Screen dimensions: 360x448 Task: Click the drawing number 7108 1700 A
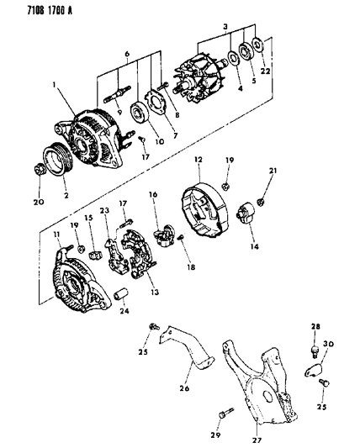pyautogui.click(x=50, y=11)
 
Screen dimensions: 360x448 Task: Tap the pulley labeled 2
pyautogui.click(x=58, y=159)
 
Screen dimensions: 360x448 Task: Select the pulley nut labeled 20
pyautogui.click(x=39, y=170)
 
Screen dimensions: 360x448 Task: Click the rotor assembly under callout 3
pyautogui.click(x=199, y=77)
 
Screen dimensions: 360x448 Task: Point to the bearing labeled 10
pyautogui.click(x=140, y=113)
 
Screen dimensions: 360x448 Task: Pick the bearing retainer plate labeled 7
pyautogui.click(x=156, y=103)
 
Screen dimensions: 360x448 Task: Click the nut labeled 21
pyautogui.click(x=261, y=202)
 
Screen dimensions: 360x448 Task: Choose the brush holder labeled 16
pyautogui.click(x=164, y=235)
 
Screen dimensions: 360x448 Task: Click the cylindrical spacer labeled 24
pyautogui.click(x=121, y=295)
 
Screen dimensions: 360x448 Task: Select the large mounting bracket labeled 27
pyautogui.click(x=258, y=384)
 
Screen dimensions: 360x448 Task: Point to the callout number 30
pyautogui.click(x=329, y=344)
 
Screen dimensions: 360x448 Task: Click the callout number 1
pyautogui.click(x=54, y=85)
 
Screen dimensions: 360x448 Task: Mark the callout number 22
pyautogui.click(x=265, y=71)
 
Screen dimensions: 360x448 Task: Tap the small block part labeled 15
pyautogui.click(x=95, y=255)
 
